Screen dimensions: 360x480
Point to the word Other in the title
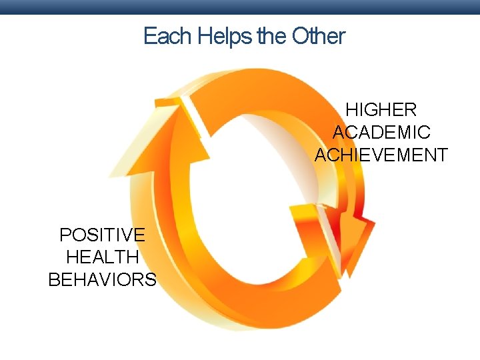click(x=319, y=36)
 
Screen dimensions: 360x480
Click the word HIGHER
click(x=381, y=110)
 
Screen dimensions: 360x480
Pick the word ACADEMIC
click(x=381, y=133)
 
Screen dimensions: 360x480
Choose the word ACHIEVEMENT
click(x=381, y=155)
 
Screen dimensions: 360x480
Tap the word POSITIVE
click(x=102, y=235)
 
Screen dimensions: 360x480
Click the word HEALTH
click(x=103, y=257)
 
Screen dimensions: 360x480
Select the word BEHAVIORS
click(x=103, y=279)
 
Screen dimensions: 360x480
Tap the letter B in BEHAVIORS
click(x=54, y=279)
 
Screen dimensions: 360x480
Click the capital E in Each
click(x=149, y=36)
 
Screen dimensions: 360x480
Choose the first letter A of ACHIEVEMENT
click(x=321, y=155)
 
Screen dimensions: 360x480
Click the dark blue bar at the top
click(x=240, y=7)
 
